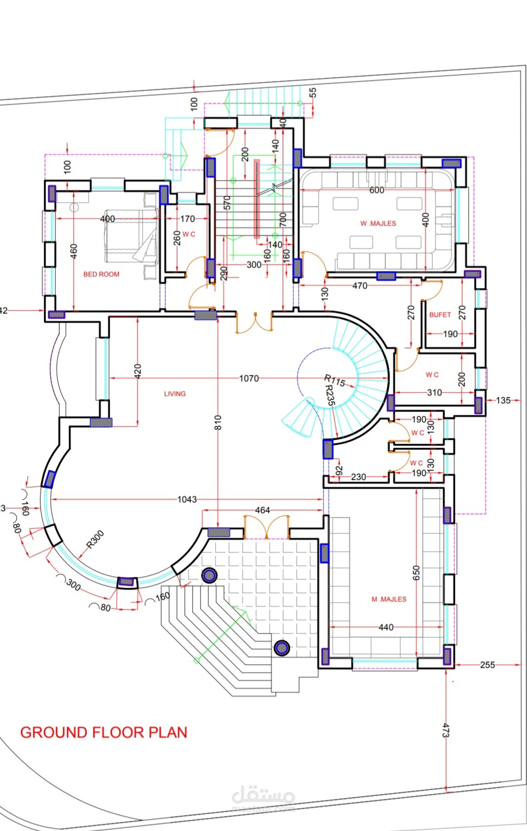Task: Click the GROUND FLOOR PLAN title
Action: click(103, 732)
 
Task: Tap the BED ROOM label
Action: click(101, 274)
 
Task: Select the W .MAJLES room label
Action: click(378, 223)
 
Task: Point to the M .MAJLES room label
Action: click(389, 599)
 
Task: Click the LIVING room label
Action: click(175, 394)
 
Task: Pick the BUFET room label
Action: click(440, 315)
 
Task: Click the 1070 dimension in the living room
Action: click(249, 378)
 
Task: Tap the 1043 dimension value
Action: click(187, 499)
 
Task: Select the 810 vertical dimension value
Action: click(218, 422)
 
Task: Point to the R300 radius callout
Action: click(95, 539)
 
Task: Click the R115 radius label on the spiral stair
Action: click(335, 380)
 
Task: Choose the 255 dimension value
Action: click(487, 665)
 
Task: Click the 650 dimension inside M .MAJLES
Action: click(416, 573)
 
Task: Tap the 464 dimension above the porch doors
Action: click(263, 510)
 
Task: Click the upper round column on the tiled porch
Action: click(209, 575)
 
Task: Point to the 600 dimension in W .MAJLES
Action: click(377, 190)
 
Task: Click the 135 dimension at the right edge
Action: click(503, 400)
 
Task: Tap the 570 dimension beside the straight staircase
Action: click(227, 202)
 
